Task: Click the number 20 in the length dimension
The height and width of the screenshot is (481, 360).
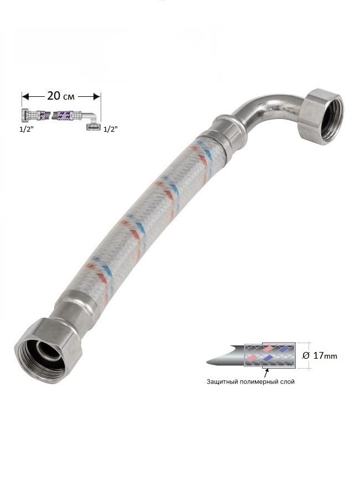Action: click(x=54, y=96)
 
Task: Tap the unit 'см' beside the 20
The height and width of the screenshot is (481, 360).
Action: click(x=69, y=97)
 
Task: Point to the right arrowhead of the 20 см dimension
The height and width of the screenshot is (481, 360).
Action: click(x=97, y=97)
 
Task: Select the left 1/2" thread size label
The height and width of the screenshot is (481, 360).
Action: click(x=27, y=130)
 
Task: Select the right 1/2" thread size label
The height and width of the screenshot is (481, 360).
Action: click(x=111, y=130)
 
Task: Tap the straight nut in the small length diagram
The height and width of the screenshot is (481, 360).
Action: click(x=25, y=115)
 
